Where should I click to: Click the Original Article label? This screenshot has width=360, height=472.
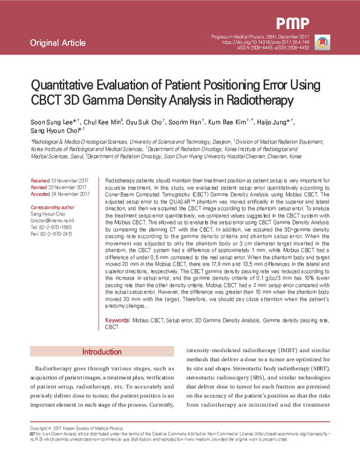pos(57,43)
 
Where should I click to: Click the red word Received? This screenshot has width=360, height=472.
pos(41,181)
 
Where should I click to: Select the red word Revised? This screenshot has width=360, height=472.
pos(39,187)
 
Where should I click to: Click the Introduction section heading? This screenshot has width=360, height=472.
pos(102,352)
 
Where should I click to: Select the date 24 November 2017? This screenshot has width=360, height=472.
pos(70,194)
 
